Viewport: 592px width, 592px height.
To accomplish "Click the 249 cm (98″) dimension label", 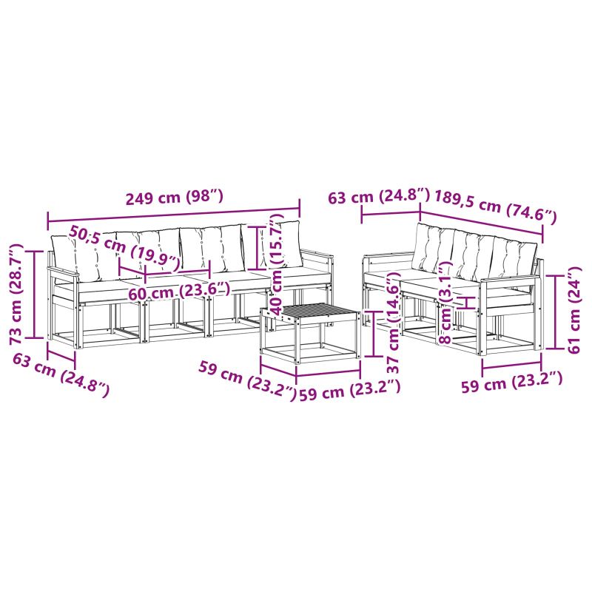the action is pyautogui.click(x=175, y=198).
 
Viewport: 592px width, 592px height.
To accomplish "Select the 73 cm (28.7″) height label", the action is pyautogui.click(x=17, y=294).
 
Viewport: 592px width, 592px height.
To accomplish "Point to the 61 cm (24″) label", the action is pyautogui.click(x=574, y=309).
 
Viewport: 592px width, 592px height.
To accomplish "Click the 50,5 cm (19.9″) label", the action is pyautogui.click(x=124, y=249).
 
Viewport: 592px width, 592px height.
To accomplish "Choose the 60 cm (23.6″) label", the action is pyautogui.click(x=179, y=292).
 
